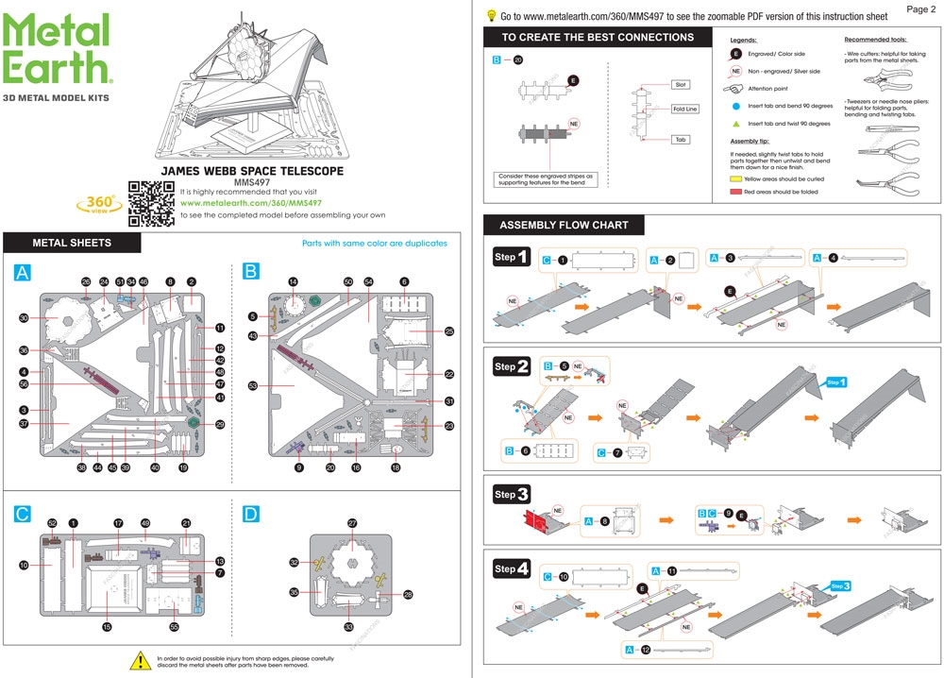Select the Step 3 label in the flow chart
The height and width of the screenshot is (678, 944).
coord(511,494)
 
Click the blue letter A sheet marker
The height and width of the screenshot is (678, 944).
coord(24,272)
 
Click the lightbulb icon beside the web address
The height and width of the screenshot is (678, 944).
coord(491,15)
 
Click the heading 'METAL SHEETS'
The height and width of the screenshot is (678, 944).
coord(72,243)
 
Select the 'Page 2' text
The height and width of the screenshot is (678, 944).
coord(920,9)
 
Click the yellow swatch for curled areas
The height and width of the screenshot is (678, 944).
coord(736,178)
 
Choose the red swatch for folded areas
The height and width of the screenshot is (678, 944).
coord(736,192)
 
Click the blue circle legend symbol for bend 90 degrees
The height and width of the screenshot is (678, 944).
coord(735,106)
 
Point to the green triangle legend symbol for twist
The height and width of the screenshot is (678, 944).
coord(735,124)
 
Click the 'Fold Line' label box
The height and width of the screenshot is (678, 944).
coord(685,110)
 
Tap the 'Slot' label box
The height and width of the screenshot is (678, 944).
coord(680,84)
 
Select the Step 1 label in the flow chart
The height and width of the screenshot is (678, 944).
coord(511,257)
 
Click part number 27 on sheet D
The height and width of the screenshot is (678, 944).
coord(352,522)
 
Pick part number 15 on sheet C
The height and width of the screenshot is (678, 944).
coord(107,626)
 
